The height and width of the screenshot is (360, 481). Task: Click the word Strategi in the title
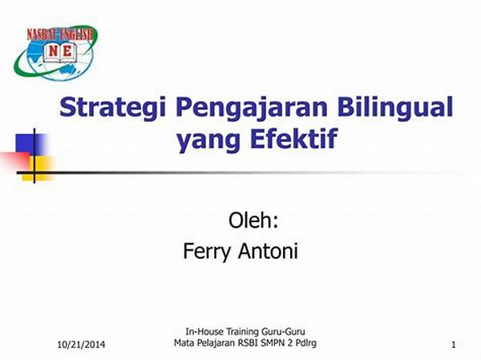[x=112, y=107]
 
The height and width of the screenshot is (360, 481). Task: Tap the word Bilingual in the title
[x=395, y=107]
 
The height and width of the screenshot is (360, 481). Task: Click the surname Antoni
[x=268, y=250]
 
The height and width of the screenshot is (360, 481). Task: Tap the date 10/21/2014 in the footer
[x=81, y=345]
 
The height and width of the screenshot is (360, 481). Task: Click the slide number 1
[x=454, y=345]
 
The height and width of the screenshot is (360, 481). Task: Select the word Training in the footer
[x=243, y=332]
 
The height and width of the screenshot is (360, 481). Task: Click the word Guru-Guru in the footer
[x=284, y=331]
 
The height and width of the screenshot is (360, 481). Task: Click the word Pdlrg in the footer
[x=306, y=343]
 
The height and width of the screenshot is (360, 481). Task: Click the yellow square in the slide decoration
[x=38, y=168]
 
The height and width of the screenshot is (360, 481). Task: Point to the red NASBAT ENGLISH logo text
[x=59, y=34]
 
